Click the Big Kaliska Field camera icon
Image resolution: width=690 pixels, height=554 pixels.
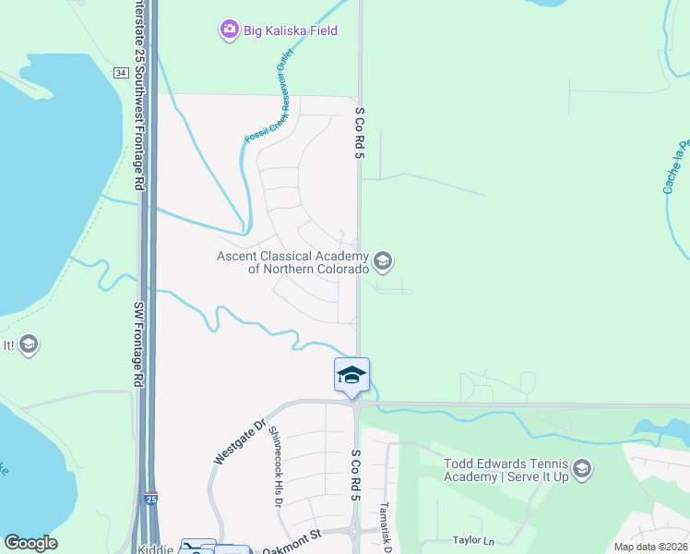pos(229,30)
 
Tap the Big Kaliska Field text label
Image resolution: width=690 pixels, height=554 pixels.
pos(291,30)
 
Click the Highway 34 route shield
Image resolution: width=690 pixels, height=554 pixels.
pos(120,72)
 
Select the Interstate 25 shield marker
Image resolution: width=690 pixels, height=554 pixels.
pos(149,500)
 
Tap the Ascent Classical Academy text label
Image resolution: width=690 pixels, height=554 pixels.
pos(293,262)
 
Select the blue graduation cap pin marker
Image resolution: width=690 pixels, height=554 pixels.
pos(351,375)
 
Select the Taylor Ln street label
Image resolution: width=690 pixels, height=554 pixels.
pos(473,539)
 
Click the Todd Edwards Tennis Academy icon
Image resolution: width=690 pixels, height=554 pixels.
pos(582,470)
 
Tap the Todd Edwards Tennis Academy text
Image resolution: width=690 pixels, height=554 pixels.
pos(506,470)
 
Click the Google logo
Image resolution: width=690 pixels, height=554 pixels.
pos(30,543)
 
